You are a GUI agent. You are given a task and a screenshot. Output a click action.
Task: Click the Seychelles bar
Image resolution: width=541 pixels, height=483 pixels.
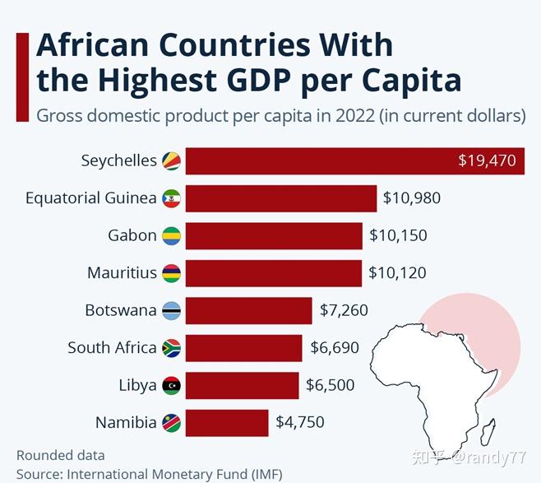coord(321,161)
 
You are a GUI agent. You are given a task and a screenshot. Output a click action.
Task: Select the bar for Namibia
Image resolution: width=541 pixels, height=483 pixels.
coord(227,423)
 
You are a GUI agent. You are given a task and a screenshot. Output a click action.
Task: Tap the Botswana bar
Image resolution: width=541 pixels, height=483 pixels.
coord(248,311)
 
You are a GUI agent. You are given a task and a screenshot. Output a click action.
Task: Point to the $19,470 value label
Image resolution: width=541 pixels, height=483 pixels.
coord(488,161)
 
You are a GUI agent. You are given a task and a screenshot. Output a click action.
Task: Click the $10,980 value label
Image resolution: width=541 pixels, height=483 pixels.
coord(412,198)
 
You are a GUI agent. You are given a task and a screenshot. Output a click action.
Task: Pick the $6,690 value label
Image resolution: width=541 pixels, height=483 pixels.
coord(335,348)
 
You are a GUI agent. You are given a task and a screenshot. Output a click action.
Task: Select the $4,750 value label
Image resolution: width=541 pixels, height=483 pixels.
coord(300,423)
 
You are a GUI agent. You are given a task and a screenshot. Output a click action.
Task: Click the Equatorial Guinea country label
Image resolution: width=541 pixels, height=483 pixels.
coord(90,198)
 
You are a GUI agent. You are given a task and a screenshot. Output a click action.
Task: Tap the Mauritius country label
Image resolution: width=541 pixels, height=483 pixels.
coord(122,273)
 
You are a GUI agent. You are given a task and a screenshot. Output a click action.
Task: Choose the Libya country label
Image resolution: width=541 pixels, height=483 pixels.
coord(137,385)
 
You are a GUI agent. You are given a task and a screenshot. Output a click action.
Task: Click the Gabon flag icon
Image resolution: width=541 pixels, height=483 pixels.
coord(171,236)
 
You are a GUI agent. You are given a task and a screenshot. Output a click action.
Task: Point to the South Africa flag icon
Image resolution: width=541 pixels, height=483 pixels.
coord(171,348)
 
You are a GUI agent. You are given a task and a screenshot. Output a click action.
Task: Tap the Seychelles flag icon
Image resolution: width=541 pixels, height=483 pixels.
coord(171,161)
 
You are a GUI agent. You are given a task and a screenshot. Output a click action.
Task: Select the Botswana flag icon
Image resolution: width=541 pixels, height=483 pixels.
coord(171,311)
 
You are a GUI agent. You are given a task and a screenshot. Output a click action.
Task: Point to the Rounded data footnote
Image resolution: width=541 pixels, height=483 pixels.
coord(61,455)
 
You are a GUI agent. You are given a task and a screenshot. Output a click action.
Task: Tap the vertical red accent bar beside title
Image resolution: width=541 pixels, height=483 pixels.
coord(22,77)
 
